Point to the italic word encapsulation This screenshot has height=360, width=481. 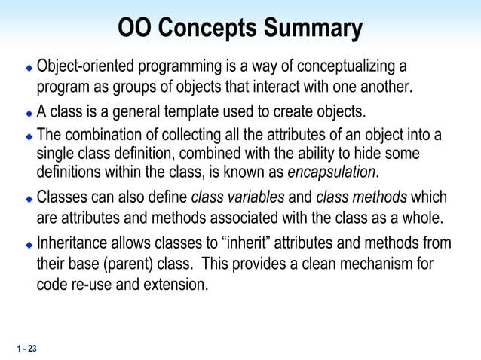(x=331, y=172)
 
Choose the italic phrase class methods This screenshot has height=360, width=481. (x=361, y=198)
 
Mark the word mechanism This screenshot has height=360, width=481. (x=377, y=265)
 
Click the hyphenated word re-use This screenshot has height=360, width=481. (x=90, y=286)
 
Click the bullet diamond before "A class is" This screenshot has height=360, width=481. (x=29, y=114)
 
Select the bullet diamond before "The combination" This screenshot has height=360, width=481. (x=29, y=136)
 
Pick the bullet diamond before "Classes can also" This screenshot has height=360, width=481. (x=29, y=200)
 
